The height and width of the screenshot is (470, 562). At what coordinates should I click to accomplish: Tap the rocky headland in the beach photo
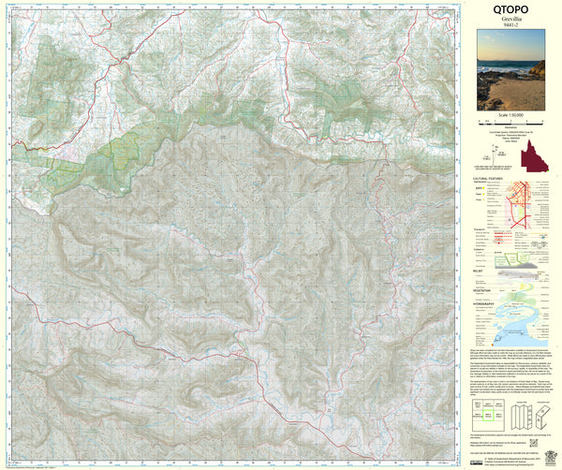[x=537, y=70]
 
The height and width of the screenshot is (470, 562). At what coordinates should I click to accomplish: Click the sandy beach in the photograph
[x=515, y=94]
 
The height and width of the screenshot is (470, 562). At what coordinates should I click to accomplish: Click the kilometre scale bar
[x=510, y=121]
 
